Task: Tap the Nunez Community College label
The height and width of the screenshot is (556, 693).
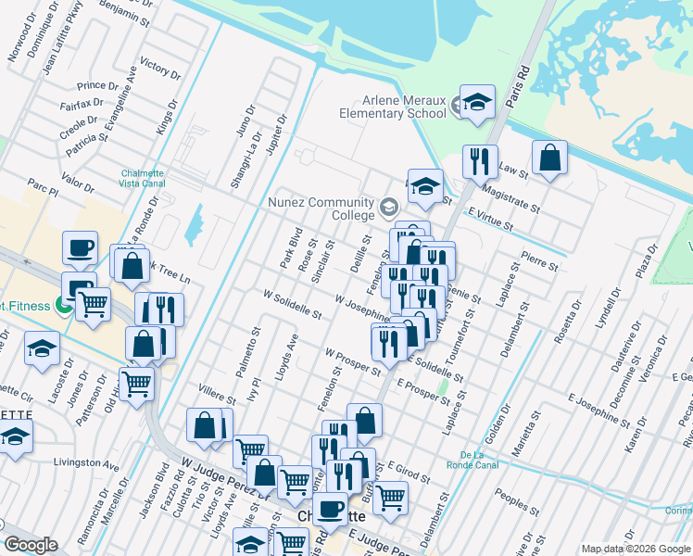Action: tap(321, 208)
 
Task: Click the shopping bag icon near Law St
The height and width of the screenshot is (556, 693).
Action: tap(550, 158)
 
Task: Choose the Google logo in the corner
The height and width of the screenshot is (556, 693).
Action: tap(31, 546)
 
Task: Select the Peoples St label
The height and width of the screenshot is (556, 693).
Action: tap(516, 501)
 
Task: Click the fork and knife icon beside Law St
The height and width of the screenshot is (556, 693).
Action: tap(480, 163)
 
